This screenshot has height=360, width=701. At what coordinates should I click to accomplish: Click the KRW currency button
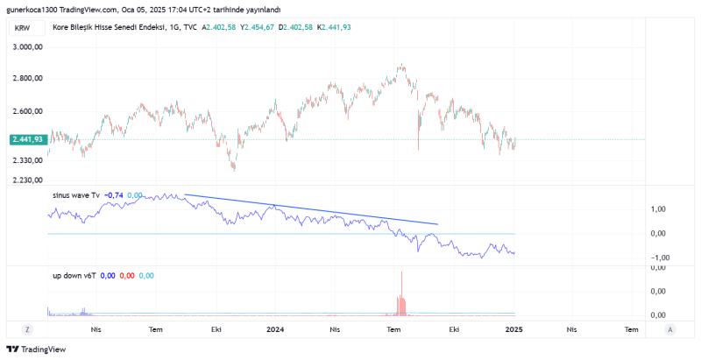pos(22,28)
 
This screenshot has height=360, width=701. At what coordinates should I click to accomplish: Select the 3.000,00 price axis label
pos(27,47)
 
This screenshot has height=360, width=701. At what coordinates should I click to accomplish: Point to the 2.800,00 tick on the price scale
pos(27,79)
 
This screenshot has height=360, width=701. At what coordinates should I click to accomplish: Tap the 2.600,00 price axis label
pos(27,111)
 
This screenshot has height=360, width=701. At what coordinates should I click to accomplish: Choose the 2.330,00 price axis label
pos(27,160)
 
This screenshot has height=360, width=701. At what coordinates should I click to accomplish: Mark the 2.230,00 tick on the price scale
pos(27,180)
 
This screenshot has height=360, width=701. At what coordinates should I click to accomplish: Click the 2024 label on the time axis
pos(276,329)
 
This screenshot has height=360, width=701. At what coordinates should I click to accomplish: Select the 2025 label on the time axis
pos(514,329)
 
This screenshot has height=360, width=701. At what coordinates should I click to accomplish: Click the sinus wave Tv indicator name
pos(76,195)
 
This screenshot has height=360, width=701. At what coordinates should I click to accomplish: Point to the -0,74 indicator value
pos(113,195)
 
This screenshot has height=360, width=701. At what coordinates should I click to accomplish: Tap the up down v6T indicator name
pos(74,275)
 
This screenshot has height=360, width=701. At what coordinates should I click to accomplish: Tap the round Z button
pos(29,329)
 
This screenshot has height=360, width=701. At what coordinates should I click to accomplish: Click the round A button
pos(669,329)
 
